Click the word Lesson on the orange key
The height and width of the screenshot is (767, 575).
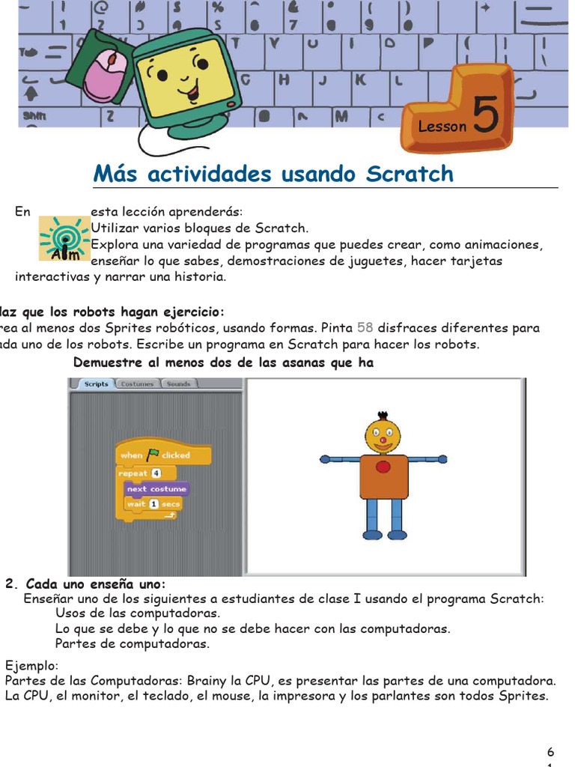442,127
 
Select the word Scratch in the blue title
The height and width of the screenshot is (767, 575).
410,174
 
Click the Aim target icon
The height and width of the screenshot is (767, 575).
64,238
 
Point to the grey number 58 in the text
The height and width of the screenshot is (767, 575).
365,327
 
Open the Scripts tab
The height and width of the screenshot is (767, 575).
96,383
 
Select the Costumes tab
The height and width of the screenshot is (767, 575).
137,383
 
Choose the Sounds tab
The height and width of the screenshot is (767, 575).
177,383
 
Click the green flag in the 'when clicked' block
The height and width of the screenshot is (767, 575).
153,455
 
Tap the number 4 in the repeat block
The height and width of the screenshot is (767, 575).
156,473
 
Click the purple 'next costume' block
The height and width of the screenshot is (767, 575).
156,488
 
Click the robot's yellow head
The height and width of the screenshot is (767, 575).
383,435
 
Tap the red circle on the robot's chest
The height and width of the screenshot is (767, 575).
383,467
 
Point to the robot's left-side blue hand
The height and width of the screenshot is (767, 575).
325,458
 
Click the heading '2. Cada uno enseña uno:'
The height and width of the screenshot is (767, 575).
85,584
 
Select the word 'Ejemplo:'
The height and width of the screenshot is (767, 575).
31,666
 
